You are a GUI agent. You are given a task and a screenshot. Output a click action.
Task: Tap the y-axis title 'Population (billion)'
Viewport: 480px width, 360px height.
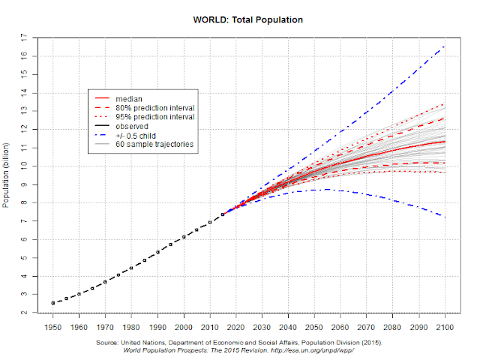click(x=7, y=172)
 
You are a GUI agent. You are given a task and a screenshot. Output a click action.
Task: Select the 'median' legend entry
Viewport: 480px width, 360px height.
click(x=128, y=98)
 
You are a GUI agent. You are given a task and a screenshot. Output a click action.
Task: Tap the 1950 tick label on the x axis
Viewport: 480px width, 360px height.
click(x=52, y=328)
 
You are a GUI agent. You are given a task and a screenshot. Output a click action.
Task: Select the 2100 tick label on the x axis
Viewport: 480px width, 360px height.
click(x=445, y=328)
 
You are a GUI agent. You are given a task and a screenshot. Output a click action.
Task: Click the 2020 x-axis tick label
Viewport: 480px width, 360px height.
click(x=236, y=328)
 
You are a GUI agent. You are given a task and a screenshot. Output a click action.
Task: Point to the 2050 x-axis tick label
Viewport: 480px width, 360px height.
click(x=315, y=328)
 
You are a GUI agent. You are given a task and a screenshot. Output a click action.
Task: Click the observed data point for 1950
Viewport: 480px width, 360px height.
click(x=52, y=303)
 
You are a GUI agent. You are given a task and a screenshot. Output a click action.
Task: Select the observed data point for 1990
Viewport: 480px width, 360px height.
click(x=157, y=252)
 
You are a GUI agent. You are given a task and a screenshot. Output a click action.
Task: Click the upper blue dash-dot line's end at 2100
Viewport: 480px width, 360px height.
click(x=445, y=46)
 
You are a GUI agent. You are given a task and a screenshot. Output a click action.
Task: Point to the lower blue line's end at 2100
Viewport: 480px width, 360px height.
click(x=445, y=217)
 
